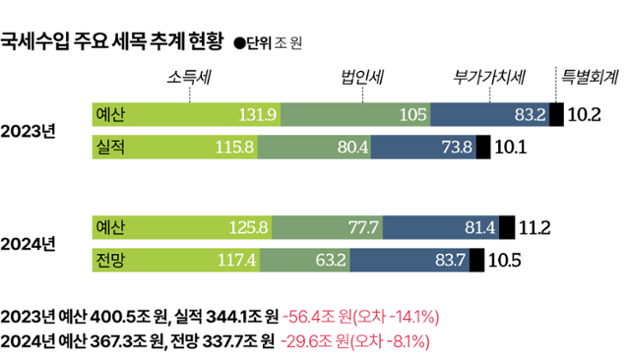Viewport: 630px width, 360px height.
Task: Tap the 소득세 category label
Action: [191, 77]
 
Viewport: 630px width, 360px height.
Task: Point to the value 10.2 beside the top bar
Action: [585, 115]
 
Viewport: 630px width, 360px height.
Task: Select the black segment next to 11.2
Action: [507, 228]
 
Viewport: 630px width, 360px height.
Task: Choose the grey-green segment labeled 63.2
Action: [304, 261]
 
